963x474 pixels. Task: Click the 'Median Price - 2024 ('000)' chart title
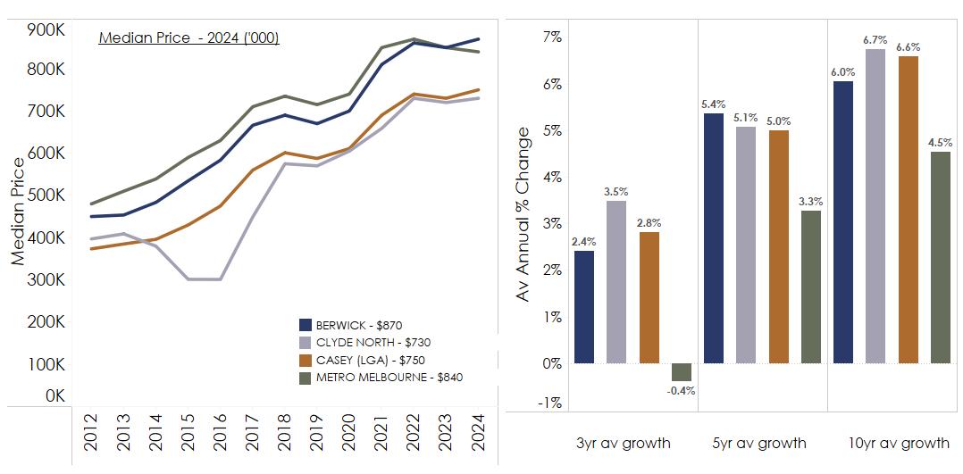tap(188, 38)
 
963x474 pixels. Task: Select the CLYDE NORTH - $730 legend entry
tap(365, 343)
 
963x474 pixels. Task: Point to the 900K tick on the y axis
tap(45, 29)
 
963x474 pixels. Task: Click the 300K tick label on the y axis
tap(45, 279)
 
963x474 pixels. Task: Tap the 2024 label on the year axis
tap(477, 437)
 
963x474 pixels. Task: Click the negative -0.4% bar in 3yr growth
tap(682, 372)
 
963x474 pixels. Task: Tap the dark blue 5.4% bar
tap(714, 238)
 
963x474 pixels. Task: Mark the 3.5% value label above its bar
tap(616, 192)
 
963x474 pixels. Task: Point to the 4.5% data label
tap(940, 143)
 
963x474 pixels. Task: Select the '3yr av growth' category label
tap(624, 444)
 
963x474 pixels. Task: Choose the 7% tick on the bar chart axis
tap(551, 37)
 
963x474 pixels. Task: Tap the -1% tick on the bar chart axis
tap(549, 403)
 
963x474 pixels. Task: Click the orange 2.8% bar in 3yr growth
tap(649, 297)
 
